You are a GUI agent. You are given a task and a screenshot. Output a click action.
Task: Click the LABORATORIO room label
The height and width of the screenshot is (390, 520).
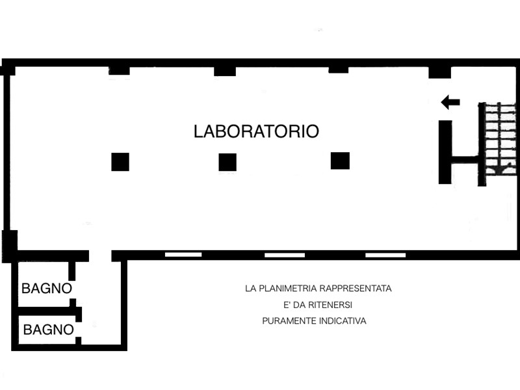coord(256,131)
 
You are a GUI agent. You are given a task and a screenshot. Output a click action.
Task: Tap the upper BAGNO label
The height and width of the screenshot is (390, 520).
coord(47,289)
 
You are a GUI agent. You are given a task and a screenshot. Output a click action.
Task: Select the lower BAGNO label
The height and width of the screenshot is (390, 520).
coord(48,330)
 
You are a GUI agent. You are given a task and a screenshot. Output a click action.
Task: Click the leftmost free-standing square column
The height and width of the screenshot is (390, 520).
coord(120,162)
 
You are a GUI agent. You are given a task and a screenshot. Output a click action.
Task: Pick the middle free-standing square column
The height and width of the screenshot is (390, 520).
coord(227,162)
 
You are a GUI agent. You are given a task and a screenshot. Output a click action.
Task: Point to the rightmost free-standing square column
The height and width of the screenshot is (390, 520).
coord(340,161)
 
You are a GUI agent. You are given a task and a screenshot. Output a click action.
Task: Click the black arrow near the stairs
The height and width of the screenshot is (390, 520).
coord(450,102)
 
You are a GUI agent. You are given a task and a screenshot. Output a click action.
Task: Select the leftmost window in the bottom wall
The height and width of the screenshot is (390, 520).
coord(183,255)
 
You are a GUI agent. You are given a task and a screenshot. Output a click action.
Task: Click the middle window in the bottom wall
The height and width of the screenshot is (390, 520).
coord(285,255)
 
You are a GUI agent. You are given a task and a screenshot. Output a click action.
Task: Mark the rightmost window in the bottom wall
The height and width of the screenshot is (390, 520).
coord(385,255)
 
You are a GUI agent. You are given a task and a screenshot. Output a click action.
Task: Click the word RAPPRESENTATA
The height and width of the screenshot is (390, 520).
coord(356,289)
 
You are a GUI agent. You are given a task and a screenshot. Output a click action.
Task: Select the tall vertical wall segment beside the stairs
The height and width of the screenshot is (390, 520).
coord(445,152)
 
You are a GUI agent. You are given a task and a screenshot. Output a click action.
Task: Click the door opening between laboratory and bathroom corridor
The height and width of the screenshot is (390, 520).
coord(100,255)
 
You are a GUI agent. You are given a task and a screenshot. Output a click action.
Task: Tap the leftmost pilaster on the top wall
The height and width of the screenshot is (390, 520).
coord(119,71)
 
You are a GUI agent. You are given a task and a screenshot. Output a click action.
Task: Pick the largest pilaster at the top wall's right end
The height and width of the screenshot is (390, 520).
coord(440,72)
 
